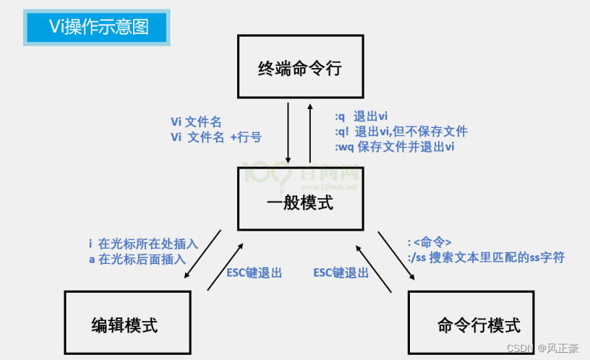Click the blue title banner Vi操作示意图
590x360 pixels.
[98, 27]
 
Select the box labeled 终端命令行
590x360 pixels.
[299, 69]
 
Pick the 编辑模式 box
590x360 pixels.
[127, 324]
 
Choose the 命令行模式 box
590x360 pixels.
[471, 324]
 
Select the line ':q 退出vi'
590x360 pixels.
[362, 117]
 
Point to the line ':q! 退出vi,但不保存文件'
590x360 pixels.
[401, 132]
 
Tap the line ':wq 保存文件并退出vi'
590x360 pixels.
[395, 147]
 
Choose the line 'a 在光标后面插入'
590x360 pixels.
[137, 259]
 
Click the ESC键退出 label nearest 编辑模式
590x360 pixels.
[254, 273]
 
